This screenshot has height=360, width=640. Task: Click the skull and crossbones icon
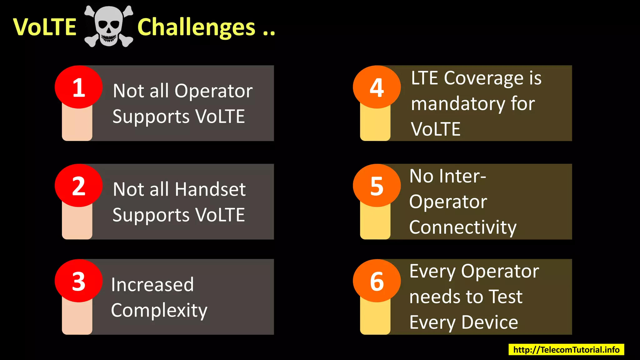[x=109, y=27]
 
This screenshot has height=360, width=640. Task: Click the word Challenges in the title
[x=196, y=27]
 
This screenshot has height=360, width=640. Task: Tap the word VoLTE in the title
[x=45, y=27]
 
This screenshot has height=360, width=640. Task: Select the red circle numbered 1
[x=79, y=87]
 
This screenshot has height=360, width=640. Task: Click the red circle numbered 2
[x=79, y=186]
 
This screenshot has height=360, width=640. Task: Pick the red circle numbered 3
[x=79, y=281]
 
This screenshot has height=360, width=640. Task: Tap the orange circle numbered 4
[x=377, y=87]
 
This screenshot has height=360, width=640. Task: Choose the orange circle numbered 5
[x=377, y=186]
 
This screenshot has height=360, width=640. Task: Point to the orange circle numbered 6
[x=377, y=281]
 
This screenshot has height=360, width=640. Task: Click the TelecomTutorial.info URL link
[x=566, y=349]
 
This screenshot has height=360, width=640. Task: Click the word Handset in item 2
[x=210, y=189]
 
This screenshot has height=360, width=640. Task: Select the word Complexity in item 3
[x=159, y=310]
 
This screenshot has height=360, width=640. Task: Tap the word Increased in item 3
[x=152, y=285]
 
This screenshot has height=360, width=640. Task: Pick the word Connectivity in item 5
[x=462, y=227]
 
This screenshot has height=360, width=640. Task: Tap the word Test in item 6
[x=505, y=297]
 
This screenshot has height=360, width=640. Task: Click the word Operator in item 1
[x=213, y=91]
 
